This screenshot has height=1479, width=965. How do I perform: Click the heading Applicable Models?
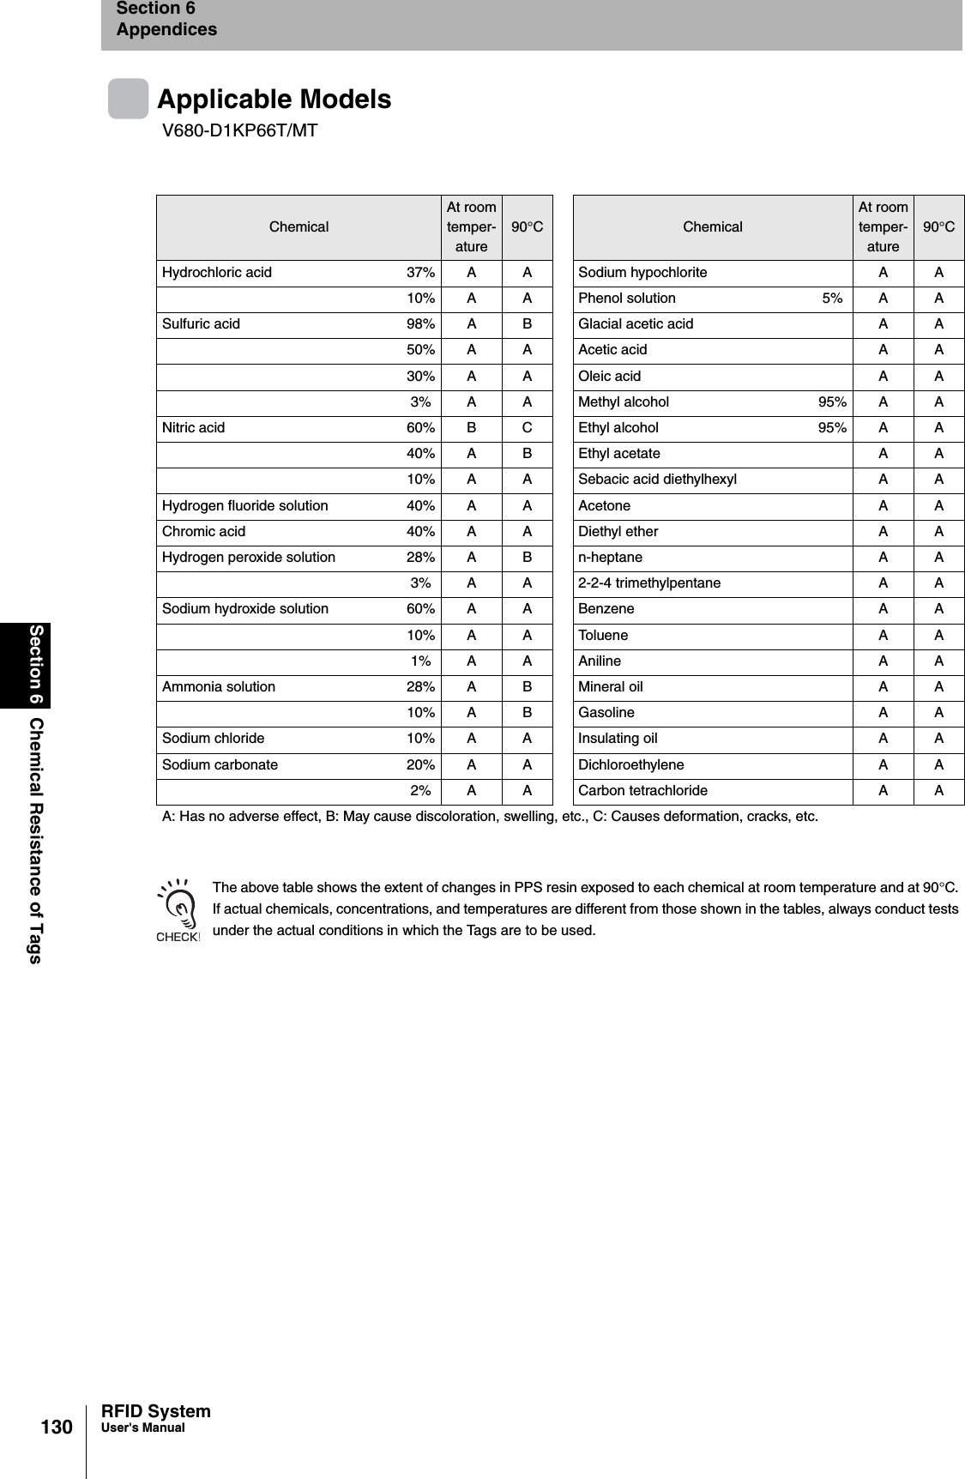click(x=274, y=100)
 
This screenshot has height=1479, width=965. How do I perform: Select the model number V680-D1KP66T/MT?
click(x=240, y=130)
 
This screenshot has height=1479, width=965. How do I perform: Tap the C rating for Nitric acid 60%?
click(x=527, y=427)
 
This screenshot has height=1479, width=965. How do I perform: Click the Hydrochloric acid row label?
click(x=217, y=273)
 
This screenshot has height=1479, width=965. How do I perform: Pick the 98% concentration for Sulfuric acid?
click(x=419, y=324)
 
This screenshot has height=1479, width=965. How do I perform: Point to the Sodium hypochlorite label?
click(x=642, y=273)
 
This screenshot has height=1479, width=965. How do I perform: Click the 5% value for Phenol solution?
click(x=831, y=299)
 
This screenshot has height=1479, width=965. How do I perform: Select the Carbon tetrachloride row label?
click(x=642, y=790)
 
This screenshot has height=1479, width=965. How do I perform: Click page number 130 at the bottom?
click(x=57, y=1427)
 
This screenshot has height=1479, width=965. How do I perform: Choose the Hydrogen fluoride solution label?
click(x=244, y=505)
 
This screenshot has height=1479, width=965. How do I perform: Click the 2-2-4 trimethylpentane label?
click(x=649, y=583)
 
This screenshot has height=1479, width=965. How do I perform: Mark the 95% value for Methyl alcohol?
click(x=831, y=401)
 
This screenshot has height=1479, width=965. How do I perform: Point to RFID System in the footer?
click(x=155, y=1411)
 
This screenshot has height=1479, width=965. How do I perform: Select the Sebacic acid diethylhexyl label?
click(x=657, y=480)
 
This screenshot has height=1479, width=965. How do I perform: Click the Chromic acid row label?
click(x=203, y=531)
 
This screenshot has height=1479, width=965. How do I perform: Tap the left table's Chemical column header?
click(x=299, y=226)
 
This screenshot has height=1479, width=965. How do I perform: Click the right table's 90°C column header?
click(x=938, y=226)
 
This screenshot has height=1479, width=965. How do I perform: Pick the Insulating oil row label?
click(x=618, y=739)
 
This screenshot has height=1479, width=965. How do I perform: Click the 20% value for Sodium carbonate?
click(x=419, y=764)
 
